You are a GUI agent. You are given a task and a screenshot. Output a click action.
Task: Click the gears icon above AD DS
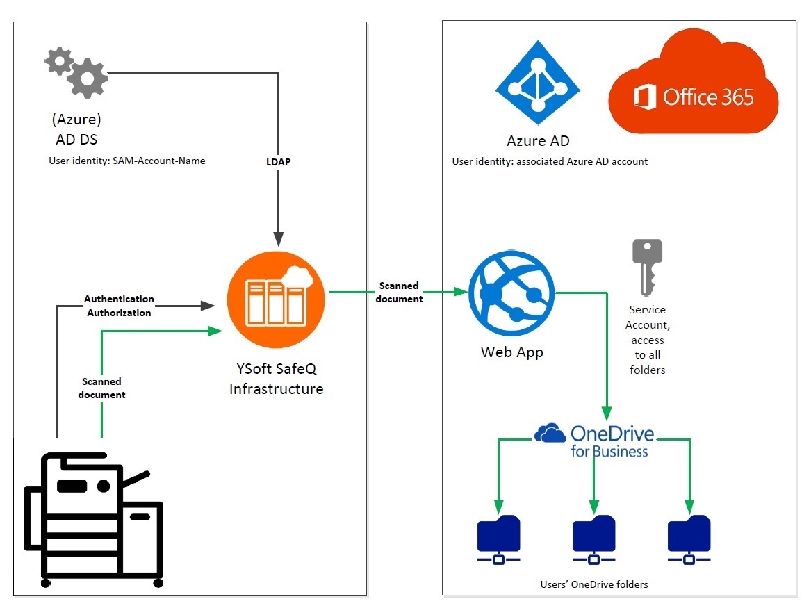(x=77, y=72)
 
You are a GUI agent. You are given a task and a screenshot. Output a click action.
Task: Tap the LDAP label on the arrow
(x=278, y=161)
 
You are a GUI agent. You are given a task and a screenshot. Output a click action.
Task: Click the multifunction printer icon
(x=94, y=518)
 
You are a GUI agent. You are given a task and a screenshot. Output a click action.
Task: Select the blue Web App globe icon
(x=512, y=295)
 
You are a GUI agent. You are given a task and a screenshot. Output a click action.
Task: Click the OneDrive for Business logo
(x=595, y=441)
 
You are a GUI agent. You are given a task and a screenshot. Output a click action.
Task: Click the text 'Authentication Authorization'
(x=119, y=306)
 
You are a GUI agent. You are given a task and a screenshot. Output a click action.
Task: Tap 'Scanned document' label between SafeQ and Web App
(x=399, y=293)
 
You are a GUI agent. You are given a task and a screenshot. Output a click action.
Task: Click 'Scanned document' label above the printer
(x=101, y=388)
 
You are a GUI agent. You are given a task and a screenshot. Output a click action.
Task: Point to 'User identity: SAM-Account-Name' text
(x=126, y=161)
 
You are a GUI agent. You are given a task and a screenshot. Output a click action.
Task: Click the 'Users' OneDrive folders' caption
(x=594, y=584)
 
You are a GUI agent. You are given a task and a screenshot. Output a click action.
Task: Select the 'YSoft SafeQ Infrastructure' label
(x=277, y=379)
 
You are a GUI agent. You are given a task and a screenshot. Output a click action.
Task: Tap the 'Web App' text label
(x=512, y=352)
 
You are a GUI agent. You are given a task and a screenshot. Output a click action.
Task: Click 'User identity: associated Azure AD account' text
(x=550, y=161)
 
